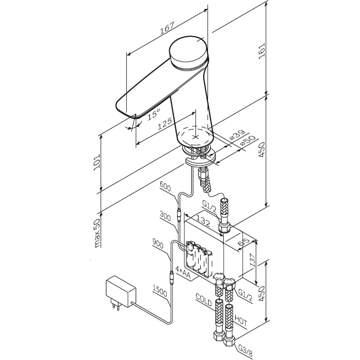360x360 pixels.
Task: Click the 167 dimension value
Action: (167, 28)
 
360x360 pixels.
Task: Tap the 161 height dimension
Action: (261, 51)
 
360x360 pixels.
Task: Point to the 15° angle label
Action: (154, 114)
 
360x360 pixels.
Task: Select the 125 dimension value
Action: (165, 124)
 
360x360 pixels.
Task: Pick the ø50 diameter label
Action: (247, 140)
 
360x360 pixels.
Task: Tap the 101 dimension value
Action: (97, 162)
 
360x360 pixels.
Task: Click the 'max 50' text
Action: (97, 233)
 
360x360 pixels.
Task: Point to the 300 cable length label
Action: (165, 216)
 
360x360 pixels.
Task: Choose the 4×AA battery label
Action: (183, 273)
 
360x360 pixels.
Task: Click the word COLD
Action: (204, 300)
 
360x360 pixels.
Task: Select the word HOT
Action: (241, 321)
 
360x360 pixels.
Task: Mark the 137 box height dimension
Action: (253, 260)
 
